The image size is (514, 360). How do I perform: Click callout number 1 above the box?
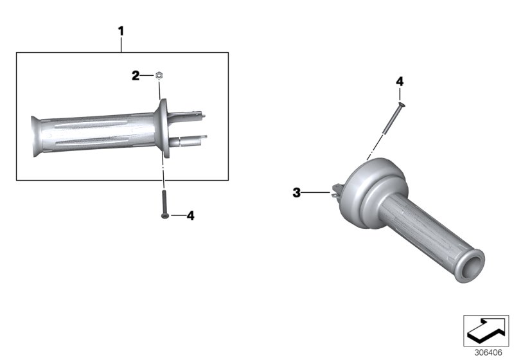[x=121, y=30]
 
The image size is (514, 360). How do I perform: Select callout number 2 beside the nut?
[x=136, y=76]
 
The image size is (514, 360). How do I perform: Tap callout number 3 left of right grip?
[x=296, y=192]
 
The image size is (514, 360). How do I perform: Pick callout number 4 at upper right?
[x=400, y=82]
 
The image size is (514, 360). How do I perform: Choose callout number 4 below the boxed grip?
[x=190, y=216]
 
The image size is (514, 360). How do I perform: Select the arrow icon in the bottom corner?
[x=486, y=331]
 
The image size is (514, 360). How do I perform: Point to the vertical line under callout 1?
[x=121, y=45]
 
